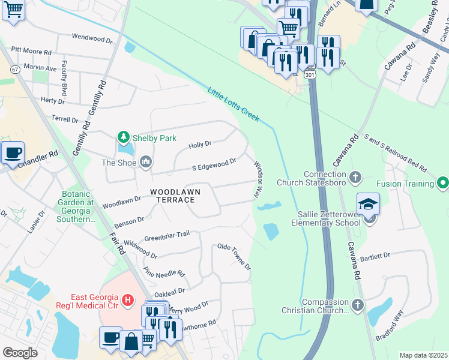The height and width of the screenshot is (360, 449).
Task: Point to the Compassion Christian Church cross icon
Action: click(357, 306)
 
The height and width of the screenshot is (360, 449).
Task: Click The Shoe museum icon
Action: click(146, 162)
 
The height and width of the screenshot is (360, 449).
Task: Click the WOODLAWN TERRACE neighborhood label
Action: click(175, 196)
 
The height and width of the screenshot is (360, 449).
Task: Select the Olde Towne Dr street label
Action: click(234, 256)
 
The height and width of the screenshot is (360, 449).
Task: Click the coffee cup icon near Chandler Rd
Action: click(12, 152)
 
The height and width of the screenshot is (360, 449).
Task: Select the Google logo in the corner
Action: click(20, 353)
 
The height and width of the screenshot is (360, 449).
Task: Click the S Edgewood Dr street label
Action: click(214, 164)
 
